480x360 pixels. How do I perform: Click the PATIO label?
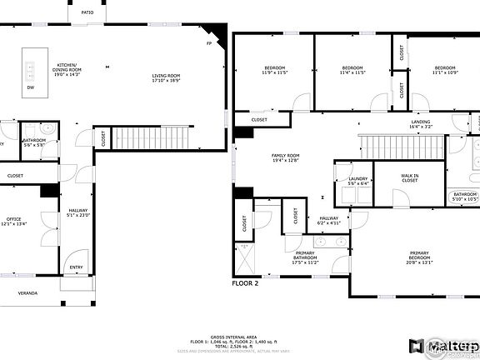point(87,12)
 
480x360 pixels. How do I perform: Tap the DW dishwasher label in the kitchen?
point(31,87)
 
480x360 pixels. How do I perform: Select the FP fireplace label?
point(209,43)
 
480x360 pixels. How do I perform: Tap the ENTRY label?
point(77,267)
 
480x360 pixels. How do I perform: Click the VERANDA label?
point(28,293)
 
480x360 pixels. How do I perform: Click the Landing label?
point(422,125)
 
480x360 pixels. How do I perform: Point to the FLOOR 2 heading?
point(246,283)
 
